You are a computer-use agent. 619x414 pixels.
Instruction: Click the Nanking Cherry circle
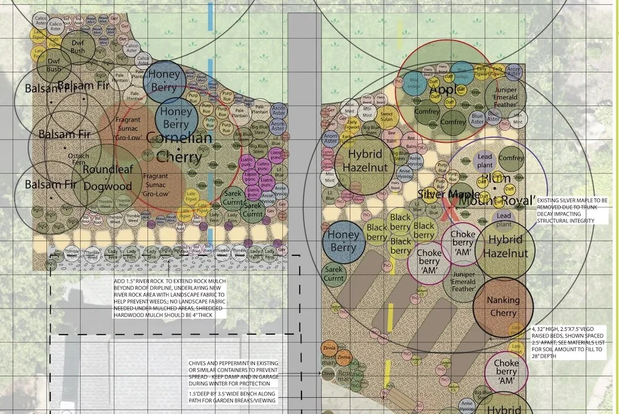coord(503,306)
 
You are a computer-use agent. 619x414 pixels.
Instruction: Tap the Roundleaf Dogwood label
coord(108,177)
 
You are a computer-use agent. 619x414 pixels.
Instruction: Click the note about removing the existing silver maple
coord(573,211)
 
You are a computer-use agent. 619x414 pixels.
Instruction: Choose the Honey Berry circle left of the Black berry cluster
coord(343,241)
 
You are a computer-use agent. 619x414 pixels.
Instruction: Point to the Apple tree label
coord(441,90)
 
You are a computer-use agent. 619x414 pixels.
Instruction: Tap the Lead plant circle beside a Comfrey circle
coord(484,161)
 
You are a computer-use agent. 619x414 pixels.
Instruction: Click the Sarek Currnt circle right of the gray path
coord(334,275)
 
